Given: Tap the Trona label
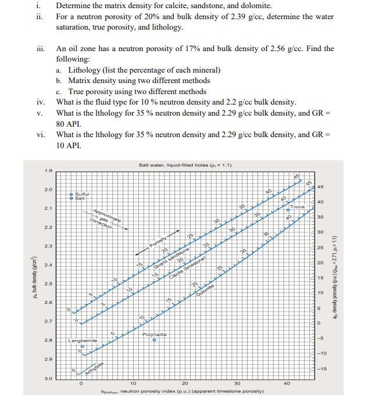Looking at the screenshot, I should [x=298, y=207].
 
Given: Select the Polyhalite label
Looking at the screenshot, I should [x=154, y=335].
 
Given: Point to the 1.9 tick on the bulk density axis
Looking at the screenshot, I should [x=48, y=170].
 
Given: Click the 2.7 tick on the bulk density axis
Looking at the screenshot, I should [x=48, y=321].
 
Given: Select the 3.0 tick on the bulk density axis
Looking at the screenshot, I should [x=48, y=378].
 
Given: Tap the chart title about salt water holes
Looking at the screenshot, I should [x=185, y=165].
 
